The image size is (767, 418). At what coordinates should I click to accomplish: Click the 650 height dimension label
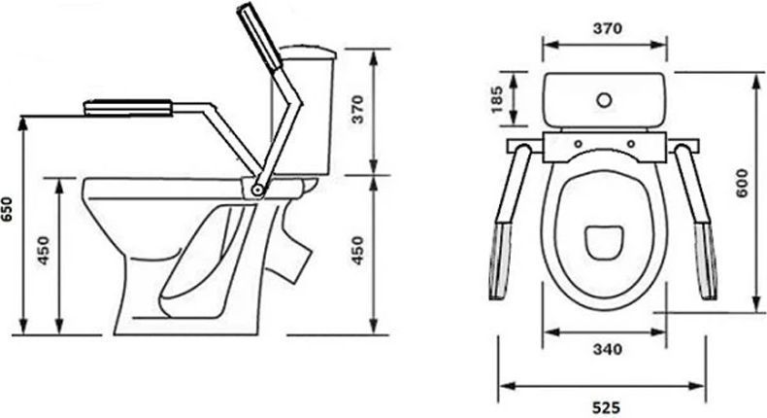[x=7, y=209]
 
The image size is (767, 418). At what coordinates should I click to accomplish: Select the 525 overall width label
[x=606, y=407]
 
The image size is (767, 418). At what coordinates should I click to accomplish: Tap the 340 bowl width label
[x=608, y=349]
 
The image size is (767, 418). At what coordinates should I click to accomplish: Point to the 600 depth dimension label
[x=742, y=183]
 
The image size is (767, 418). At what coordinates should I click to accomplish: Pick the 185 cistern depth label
[x=497, y=99]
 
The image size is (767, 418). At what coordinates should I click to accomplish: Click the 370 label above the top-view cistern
[x=608, y=29]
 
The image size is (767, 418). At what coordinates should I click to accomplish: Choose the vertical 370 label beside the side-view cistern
[x=358, y=109]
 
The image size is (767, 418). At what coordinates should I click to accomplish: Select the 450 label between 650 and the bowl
[x=44, y=251]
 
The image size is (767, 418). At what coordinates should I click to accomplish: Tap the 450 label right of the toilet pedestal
[x=358, y=251]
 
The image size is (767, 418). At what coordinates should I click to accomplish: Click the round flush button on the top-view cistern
[x=604, y=100]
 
